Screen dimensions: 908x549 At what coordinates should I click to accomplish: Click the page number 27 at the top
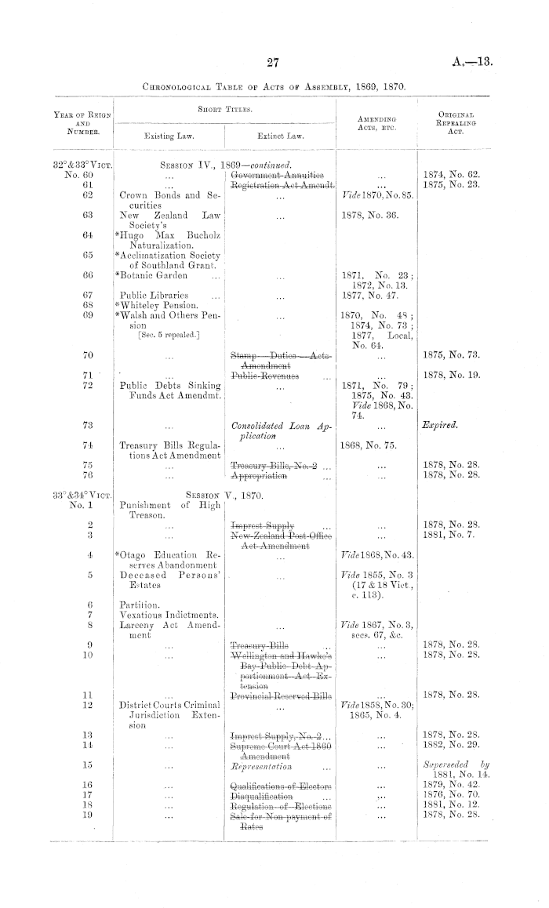tap(273, 63)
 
